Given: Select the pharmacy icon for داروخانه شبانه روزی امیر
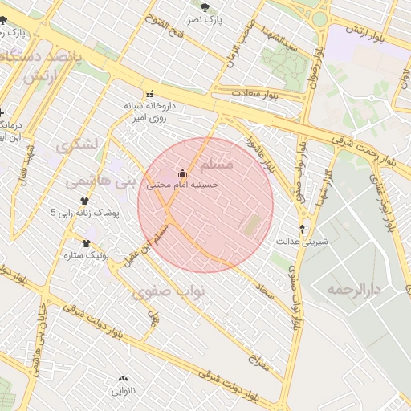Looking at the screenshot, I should tap(149, 94).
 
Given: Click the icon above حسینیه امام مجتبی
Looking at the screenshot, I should tap(182, 173).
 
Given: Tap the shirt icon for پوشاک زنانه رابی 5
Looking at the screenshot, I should tap(85, 201).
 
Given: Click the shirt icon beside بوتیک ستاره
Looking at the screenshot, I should tap(86, 243).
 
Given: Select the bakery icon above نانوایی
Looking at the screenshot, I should tap(123, 378).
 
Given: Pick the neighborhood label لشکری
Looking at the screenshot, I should tap(77, 145).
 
